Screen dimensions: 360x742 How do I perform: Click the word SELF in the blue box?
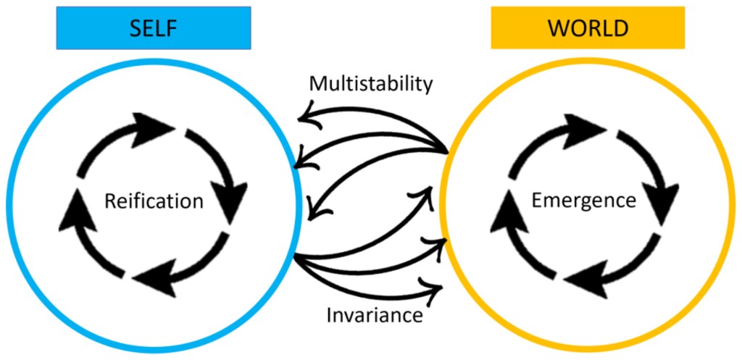154,28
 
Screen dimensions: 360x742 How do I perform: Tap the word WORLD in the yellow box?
587,28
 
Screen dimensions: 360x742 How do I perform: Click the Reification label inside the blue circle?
154,201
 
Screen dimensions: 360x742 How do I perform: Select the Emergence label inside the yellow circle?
584,200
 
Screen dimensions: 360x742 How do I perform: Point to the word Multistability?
370,83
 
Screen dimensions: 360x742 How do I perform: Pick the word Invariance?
374,316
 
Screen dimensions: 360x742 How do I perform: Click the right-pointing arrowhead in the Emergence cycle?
591,129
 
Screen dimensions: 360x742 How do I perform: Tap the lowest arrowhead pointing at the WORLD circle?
433,287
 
